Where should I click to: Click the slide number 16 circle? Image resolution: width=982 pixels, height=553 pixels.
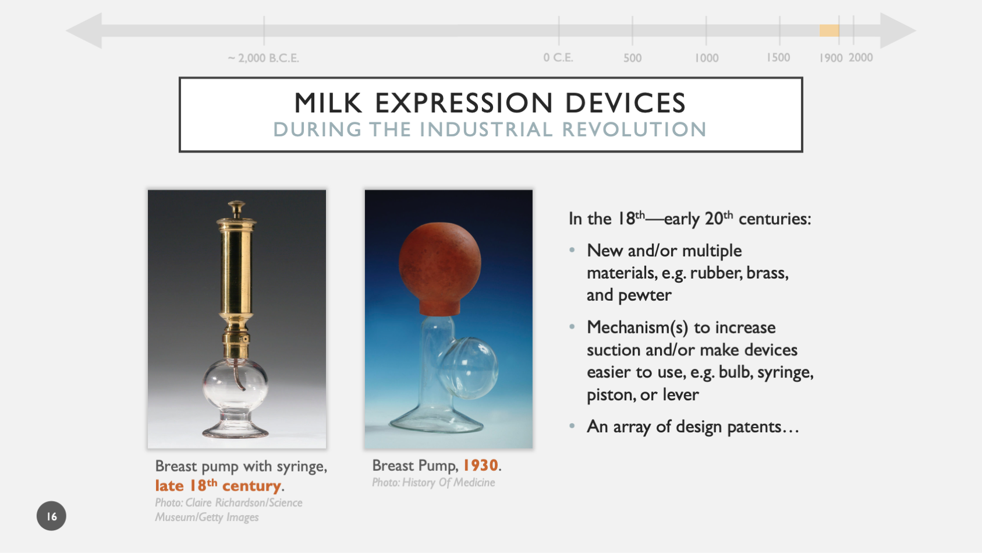(x=51, y=516)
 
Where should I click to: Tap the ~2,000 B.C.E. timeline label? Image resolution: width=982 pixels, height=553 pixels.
(x=263, y=58)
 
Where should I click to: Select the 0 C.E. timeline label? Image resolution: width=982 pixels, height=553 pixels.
(x=558, y=58)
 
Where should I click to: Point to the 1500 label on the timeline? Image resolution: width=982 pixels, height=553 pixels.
(x=778, y=58)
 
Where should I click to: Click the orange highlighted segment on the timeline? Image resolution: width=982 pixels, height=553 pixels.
(x=829, y=31)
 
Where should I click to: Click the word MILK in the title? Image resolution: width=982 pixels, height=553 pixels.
(x=328, y=103)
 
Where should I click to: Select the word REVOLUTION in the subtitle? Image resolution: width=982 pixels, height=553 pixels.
(x=634, y=129)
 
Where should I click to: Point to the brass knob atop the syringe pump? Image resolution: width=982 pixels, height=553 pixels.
(x=236, y=208)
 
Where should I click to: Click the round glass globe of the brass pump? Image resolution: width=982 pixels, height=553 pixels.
(x=235, y=384)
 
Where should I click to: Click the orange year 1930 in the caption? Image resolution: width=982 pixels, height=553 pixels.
(x=480, y=465)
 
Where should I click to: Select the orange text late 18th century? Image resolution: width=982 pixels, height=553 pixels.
(x=219, y=485)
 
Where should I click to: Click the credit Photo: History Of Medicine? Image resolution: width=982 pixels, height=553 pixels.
(x=433, y=482)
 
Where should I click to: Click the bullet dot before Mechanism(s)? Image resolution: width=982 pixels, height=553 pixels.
(x=572, y=327)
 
